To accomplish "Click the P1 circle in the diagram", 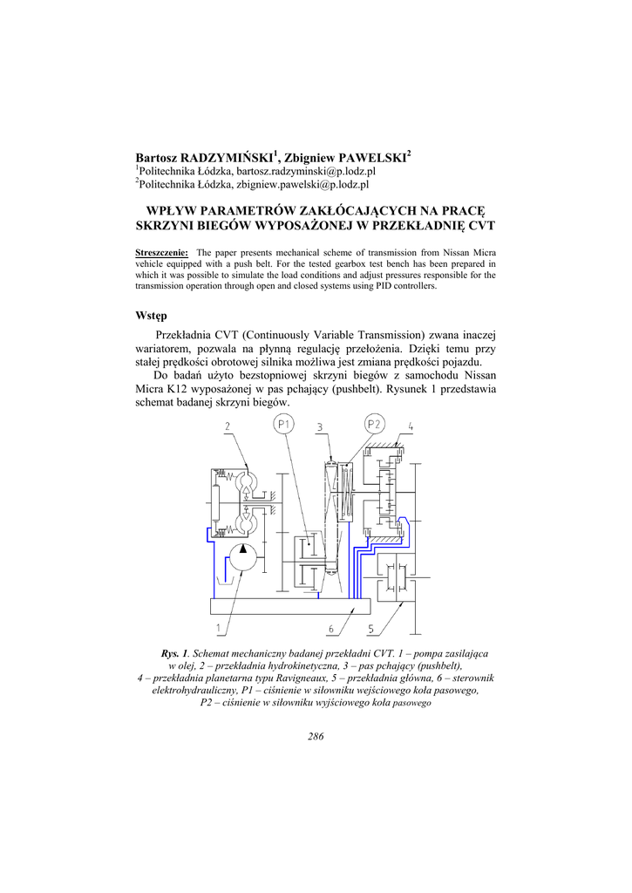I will [284, 425].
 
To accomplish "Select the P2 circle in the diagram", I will [374, 425].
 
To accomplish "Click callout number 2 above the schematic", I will [227, 426].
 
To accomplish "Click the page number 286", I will [316, 736].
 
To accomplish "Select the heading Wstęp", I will [151, 315].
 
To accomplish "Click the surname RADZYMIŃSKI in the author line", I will [227, 158].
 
